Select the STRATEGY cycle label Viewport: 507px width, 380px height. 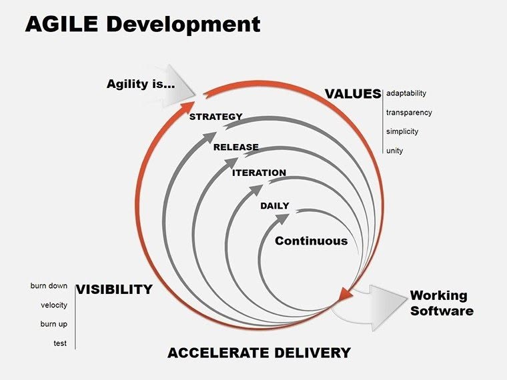215,117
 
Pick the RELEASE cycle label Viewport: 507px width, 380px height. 235,147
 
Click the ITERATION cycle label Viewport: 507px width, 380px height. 259,173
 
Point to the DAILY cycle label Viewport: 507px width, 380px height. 274,205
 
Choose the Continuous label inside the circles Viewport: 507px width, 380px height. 312,241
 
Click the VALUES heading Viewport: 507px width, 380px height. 352,94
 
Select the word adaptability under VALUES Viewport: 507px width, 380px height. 406,93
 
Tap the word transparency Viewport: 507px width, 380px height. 409,113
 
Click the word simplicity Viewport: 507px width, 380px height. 402,131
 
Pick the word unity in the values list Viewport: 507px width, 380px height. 394,151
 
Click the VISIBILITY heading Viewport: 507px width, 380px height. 114,289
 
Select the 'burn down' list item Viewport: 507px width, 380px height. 49,286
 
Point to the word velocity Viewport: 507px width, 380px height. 53,305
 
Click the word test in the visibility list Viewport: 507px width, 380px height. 60,343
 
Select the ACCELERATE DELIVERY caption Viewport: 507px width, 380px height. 259,353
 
